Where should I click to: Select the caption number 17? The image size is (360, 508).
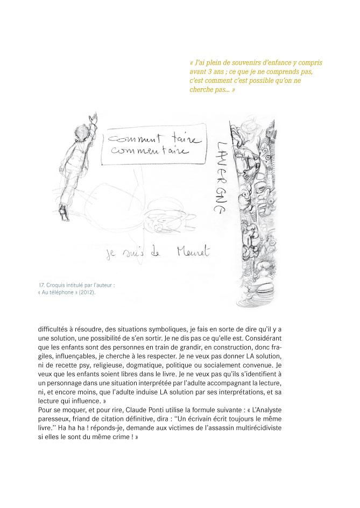[x=41, y=285]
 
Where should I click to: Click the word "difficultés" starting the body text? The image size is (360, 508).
[x=54, y=329]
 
